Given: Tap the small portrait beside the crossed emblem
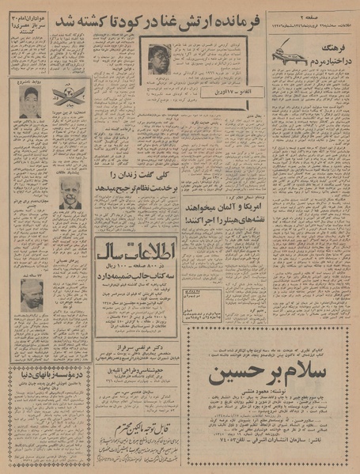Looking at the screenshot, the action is [30, 101].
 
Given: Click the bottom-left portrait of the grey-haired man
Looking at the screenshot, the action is [31, 294].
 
